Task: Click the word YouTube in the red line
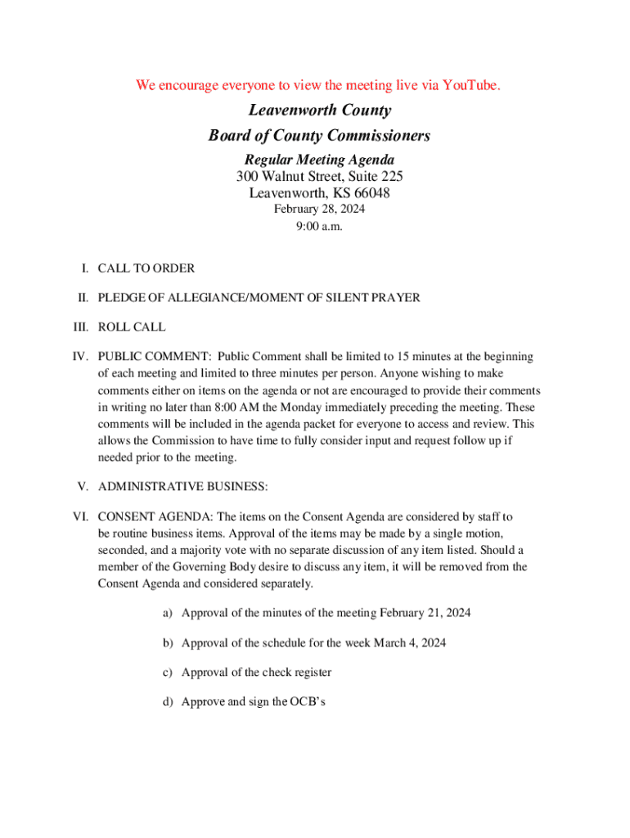pos(470,85)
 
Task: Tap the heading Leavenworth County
pos(319,110)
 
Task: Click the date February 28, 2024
pos(319,209)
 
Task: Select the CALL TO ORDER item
pos(146,268)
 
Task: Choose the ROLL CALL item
pos(132,327)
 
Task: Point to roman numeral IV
pos(80,357)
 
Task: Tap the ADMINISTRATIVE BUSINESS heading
pos(182,487)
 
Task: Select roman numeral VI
pos(80,516)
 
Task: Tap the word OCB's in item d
pos(308,702)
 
